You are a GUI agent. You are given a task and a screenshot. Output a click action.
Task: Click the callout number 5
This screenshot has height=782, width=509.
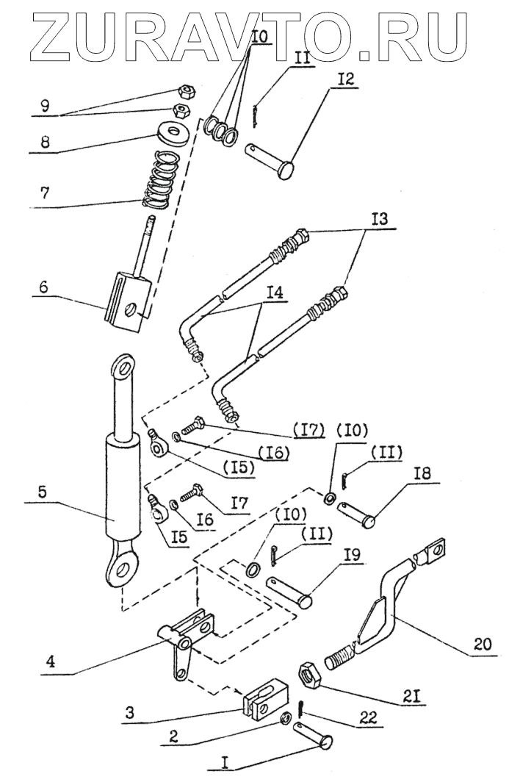click(42, 492)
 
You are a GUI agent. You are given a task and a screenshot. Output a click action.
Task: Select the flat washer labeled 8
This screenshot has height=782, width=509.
click(171, 134)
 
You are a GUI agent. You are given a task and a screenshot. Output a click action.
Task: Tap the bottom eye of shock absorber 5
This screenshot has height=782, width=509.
click(120, 570)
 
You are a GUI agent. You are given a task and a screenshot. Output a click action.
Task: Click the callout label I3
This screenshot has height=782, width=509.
click(380, 219)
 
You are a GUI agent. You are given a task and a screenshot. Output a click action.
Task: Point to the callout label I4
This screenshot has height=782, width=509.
click(274, 293)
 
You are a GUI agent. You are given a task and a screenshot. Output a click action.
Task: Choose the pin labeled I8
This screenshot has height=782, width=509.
click(356, 514)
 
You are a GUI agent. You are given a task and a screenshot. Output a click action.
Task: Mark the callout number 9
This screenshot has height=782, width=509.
click(45, 107)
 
